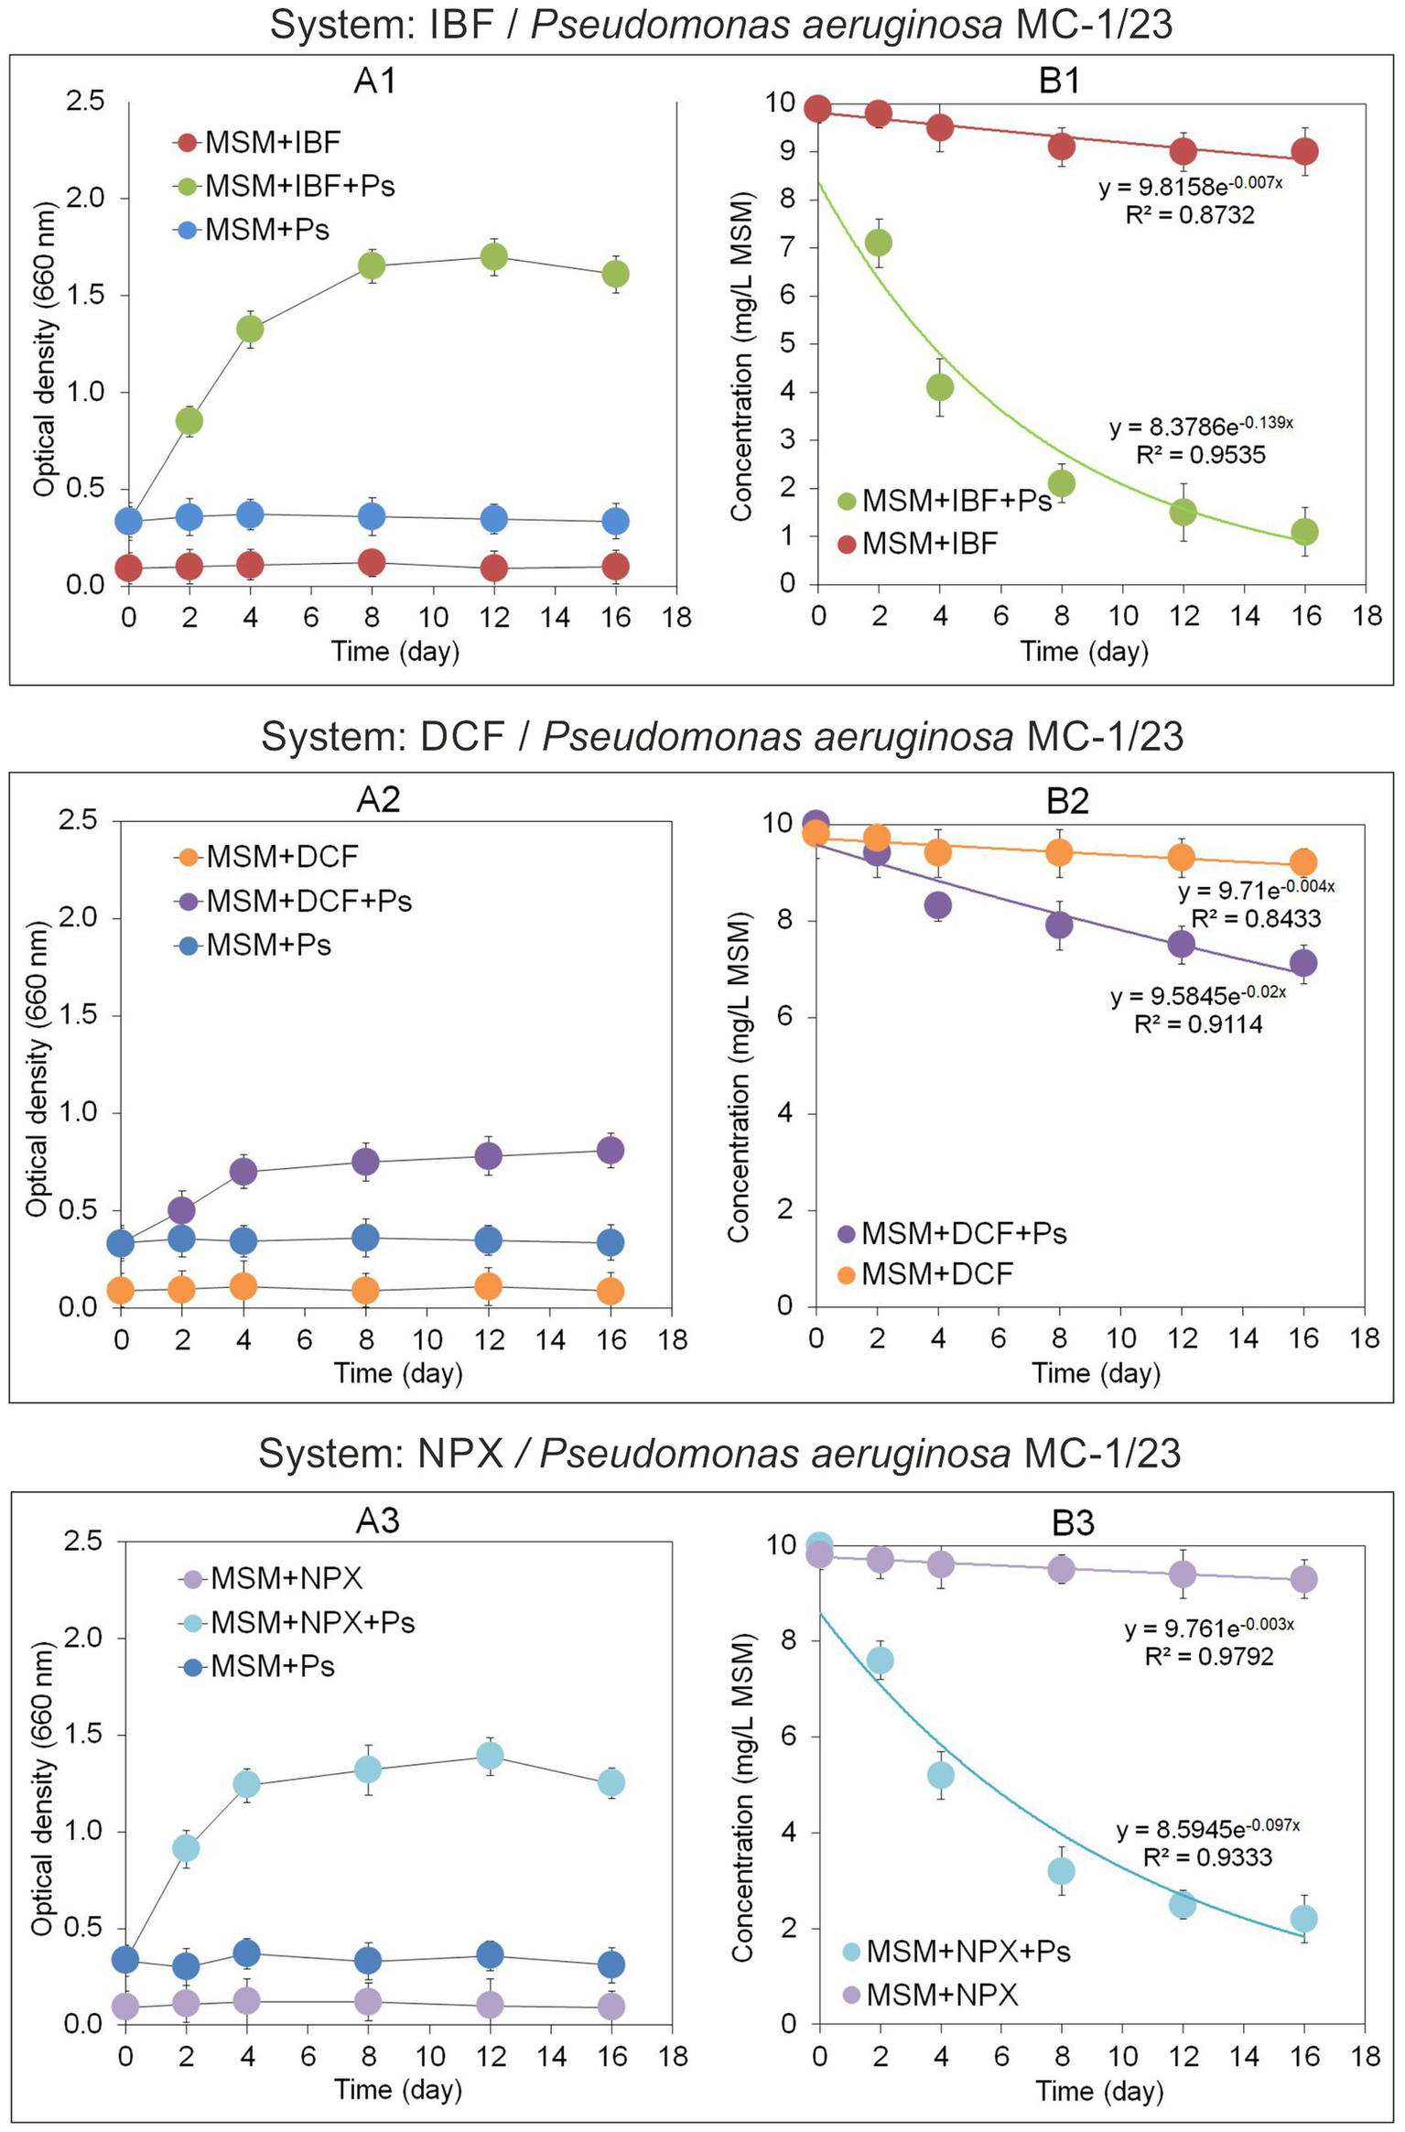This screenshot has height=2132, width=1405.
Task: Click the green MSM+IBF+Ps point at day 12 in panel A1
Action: click(x=493, y=257)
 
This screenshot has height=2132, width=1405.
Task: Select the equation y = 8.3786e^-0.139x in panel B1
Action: click(x=1200, y=427)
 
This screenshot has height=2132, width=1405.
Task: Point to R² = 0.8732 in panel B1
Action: click(x=1189, y=215)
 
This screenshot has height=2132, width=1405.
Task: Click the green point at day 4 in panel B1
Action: click(x=940, y=387)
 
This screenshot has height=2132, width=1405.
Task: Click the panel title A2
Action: click(x=378, y=799)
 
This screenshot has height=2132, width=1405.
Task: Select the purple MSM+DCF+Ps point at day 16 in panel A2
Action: click(x=611, y=1150)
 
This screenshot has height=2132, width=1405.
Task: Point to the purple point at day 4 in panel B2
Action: click(x=937, y=905)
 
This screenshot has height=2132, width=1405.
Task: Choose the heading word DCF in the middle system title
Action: click(x=462, y=737)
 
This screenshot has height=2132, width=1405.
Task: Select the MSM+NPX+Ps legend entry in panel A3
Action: click(x=311, y=1622)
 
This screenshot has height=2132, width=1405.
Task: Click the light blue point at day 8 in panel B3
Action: click(x=1061, y=1871)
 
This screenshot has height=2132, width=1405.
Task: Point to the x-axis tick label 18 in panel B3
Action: click(x=1366, y=2056)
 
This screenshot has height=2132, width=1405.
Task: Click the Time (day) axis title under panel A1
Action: click(x=394, y=651)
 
